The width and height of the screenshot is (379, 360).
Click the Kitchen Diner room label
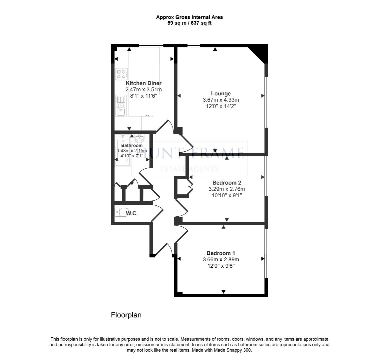(x=144, y=83)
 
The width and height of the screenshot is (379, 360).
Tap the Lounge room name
(x=221, y=94)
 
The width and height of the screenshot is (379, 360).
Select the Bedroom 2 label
(x=227, y=183)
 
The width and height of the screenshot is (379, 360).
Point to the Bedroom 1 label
(x=221, y=253)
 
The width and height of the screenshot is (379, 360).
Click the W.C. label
(x=132, y=213)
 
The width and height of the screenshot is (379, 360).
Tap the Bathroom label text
(x=132, y=145)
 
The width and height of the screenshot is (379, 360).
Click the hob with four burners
(x=121, y=74)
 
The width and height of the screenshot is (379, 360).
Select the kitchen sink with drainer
(x=121, y=106)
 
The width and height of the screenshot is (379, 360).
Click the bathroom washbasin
(x=140, y=139)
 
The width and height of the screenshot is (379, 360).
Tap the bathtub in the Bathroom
(x=123, y=152)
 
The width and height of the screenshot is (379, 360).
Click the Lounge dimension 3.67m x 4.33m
(x=221, y=100)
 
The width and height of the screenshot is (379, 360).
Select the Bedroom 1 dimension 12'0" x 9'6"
(x=221, y=266)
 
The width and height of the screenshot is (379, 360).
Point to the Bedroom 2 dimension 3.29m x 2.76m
(x=227, y=189)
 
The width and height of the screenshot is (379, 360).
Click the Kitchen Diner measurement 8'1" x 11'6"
(x=144, y=96)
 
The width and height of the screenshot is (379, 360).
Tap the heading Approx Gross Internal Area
(x=189, y=17)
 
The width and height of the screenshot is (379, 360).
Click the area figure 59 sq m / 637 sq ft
(x=189, y=23)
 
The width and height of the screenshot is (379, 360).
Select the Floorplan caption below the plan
(x=126, y=315)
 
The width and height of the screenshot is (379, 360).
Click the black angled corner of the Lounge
(x=260, y=53)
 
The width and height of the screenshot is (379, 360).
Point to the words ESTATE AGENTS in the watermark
(x=189, y=169)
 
